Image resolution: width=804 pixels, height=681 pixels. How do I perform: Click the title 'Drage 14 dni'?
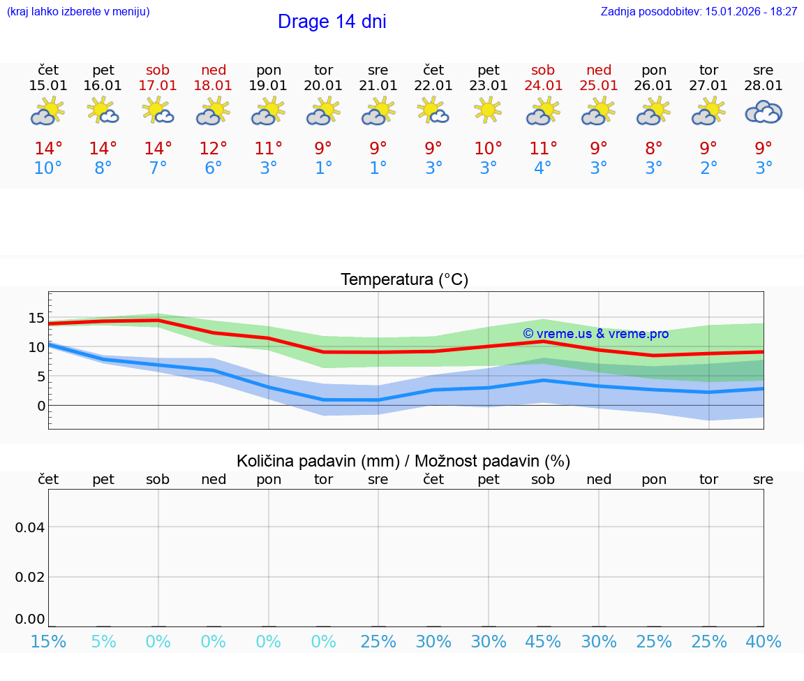pos(332,22)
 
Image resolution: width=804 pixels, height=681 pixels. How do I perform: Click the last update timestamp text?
pos(699,11)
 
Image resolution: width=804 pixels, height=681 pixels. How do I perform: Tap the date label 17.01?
pos(158,85)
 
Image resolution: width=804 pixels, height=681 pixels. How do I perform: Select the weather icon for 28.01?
pos(764,112)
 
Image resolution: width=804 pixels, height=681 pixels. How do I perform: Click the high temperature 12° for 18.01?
pos(213,149)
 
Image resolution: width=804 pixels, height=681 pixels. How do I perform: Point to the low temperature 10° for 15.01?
pos(48,168)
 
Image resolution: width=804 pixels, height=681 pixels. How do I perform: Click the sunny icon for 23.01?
pos(489,110)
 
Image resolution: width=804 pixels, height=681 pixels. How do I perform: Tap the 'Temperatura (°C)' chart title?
pos(404,280)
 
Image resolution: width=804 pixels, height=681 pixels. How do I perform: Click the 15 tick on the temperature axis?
pos(36,318)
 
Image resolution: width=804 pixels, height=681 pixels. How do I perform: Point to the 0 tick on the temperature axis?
pos(41,406)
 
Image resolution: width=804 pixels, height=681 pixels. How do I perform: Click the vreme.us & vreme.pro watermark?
pos(595,334)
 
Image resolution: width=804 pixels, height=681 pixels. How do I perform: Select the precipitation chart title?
pos(403,461)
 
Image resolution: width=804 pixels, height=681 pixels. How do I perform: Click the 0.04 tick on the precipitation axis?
pos(30,527)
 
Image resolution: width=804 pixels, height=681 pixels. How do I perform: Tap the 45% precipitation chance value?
pos(543,641)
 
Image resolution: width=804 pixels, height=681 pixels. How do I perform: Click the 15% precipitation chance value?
pos(48,641)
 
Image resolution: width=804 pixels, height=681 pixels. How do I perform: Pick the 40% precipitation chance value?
pos(764,641)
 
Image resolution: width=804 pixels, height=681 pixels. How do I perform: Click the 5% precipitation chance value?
pos(103,641)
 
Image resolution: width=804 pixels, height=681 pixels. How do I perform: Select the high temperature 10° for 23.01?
pos(488,149)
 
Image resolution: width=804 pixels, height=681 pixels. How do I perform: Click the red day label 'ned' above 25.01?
pos(599,70)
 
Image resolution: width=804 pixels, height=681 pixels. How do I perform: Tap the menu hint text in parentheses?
pos(78,11)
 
